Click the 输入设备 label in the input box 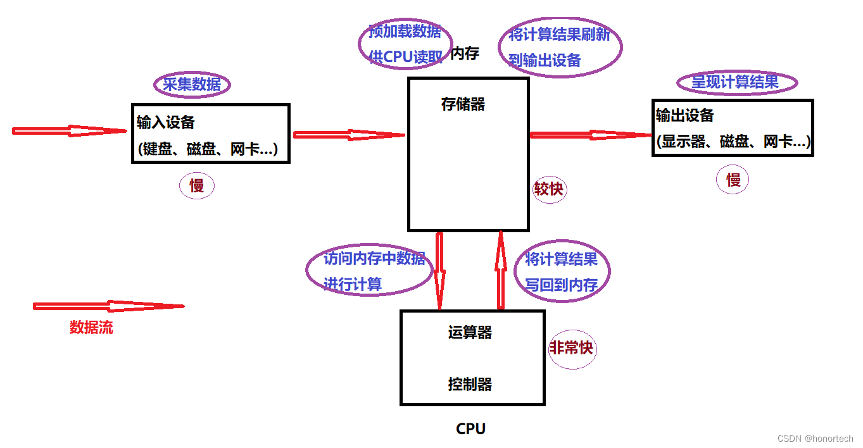(166, 122)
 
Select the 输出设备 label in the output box (684, 116)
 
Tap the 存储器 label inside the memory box (463, 104)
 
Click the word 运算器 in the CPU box (470, 332)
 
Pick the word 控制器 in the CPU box (470, 384)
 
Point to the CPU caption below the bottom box (470, 429)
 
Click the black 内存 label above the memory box (465, 54)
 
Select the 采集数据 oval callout (192, 85)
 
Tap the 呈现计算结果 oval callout (736, 82)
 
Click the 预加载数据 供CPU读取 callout (405, 44)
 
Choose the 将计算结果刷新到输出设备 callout (560, 47)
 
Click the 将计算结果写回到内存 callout (562, 271)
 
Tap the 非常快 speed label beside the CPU (572, 348)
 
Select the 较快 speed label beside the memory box (548, 189)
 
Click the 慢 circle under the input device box (197, 186)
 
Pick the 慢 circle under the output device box (733, 180)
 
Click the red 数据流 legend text (91, 327)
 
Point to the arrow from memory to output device (590, 135)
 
